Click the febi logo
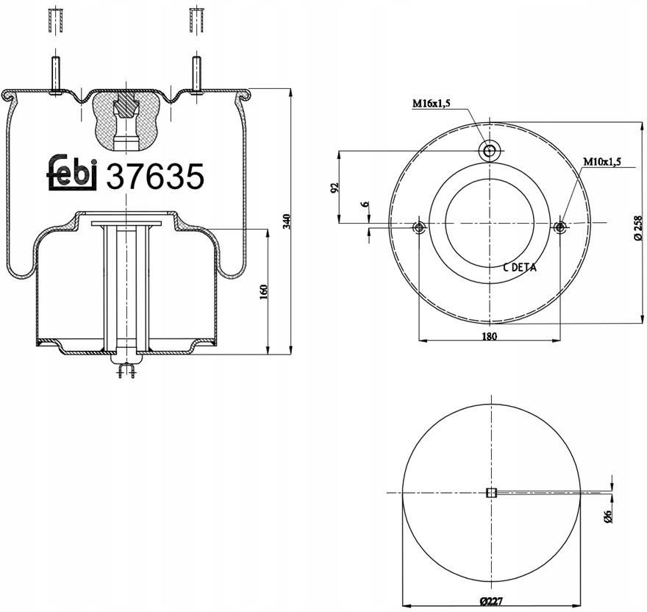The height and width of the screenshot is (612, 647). [x=72, y=173]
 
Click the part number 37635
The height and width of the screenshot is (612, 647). [x=155, y=176]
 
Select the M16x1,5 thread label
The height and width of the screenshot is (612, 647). [x=431, y=103]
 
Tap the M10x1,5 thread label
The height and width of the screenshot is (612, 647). [x=601, y=162]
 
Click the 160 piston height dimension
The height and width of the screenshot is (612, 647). [x=264, y=291]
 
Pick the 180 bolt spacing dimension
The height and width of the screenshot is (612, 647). [x=490, y=336]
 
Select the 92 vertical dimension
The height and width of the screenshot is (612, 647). [x=335, y=188]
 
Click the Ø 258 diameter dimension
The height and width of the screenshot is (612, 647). [x=638, y=227]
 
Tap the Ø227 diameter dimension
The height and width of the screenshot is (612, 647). [x=491, y=601]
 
